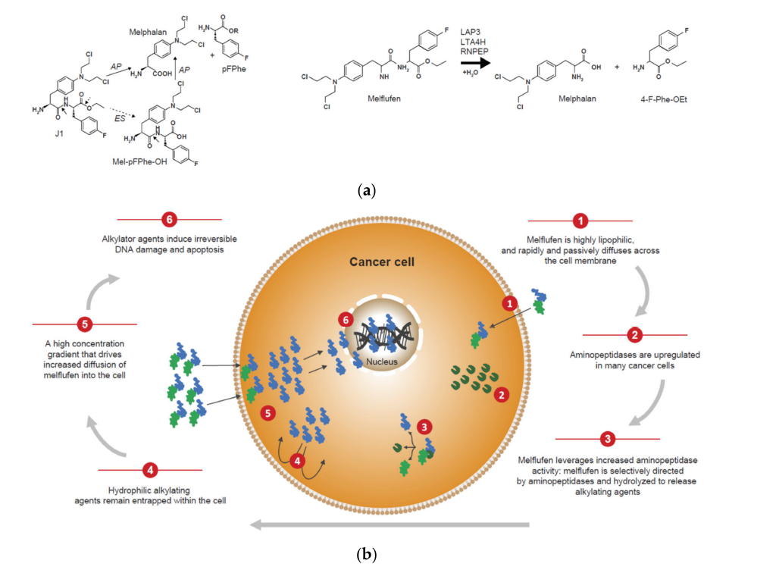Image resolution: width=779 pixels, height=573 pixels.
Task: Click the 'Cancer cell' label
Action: coord(383,262)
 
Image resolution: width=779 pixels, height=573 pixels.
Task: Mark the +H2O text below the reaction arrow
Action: coord(471,80)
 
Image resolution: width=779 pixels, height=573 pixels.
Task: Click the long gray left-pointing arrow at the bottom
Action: coord(390,523)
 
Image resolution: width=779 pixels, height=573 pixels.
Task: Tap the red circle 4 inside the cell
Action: coord(299,459)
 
